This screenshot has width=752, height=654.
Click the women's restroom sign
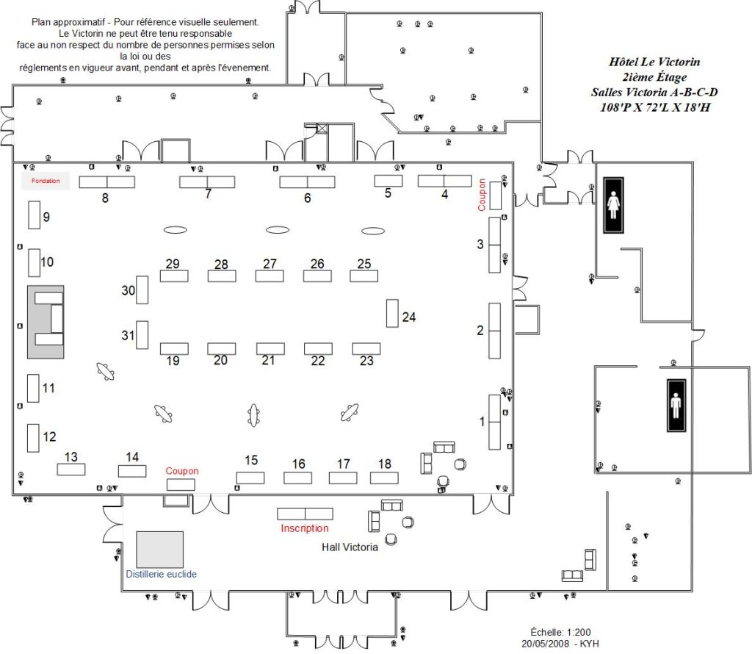coord(613,205)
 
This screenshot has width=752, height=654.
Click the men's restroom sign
coord(676,406)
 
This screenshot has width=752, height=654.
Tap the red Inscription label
coord(305,528)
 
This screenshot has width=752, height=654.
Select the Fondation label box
coord(46,181)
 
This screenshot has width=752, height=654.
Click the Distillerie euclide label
coord(161,574)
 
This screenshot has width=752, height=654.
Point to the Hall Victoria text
coord(350,547)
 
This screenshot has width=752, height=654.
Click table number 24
coord(392,313)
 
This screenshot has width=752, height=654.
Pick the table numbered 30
coord(142,290)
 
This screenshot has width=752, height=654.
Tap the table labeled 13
coord(71,470)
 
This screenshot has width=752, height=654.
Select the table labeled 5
coord(388,181)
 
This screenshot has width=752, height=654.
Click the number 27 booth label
coord(270,264)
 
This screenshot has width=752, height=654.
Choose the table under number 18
coord(384,478)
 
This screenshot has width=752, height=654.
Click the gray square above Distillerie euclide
coord(159,550)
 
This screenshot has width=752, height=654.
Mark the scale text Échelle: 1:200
coord(560,632)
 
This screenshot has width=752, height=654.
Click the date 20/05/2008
coord(546,644)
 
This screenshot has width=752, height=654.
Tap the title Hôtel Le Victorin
coord(654,62)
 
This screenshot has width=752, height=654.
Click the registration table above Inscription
coord(305,514)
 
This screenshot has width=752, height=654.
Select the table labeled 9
coord(34,215)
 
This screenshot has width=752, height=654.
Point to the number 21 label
coord(268,360)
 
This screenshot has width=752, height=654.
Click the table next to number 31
coord(142,334)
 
